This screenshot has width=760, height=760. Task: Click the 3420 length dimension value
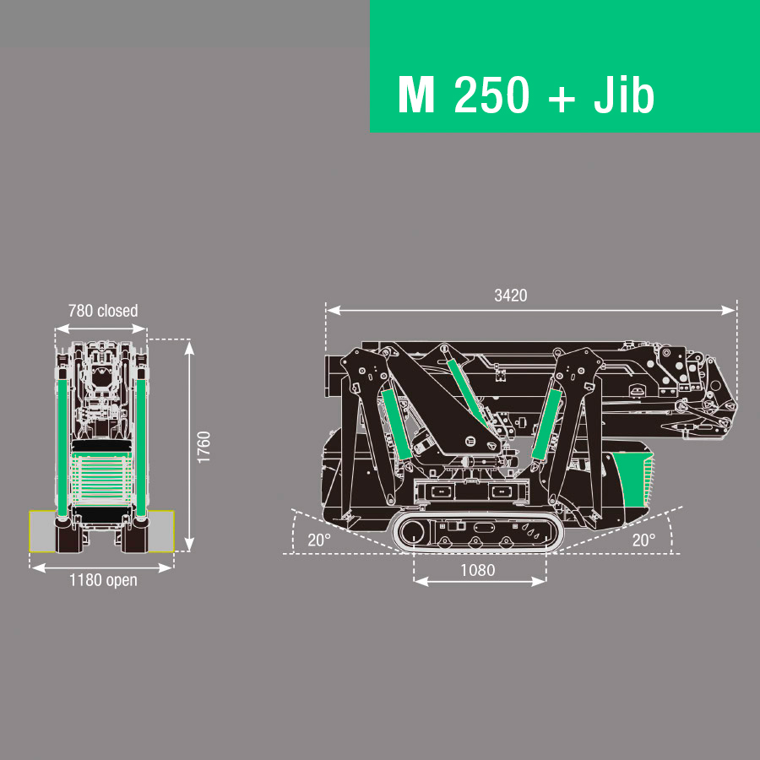click(510, 296)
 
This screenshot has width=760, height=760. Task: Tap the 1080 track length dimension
click(477, 570)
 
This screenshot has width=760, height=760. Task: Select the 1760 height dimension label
click(204, 447)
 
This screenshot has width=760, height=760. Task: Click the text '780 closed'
click(103, 311)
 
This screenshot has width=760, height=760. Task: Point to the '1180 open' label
click(103, 580)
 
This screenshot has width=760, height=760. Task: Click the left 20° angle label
click(319, 540)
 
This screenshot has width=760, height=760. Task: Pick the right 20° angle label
click(643, 540)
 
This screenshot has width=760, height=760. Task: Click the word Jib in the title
click(624, 94)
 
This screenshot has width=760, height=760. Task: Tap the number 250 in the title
click(491, 95)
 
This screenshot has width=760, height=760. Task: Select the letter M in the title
click(415, 95)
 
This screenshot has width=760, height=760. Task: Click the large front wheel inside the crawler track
click(411, 532)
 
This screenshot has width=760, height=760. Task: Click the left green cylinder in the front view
click(62, 447)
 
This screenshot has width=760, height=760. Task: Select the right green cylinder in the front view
click(140, 447)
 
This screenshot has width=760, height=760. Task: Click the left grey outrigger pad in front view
click(42, 531)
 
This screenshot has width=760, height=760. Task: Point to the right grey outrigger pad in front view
click(161, 531)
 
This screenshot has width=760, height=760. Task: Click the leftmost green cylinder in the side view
click(397, 424)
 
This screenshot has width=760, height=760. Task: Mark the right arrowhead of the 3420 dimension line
click(729, 310)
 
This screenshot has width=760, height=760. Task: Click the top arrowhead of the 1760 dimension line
click(189, 348)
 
